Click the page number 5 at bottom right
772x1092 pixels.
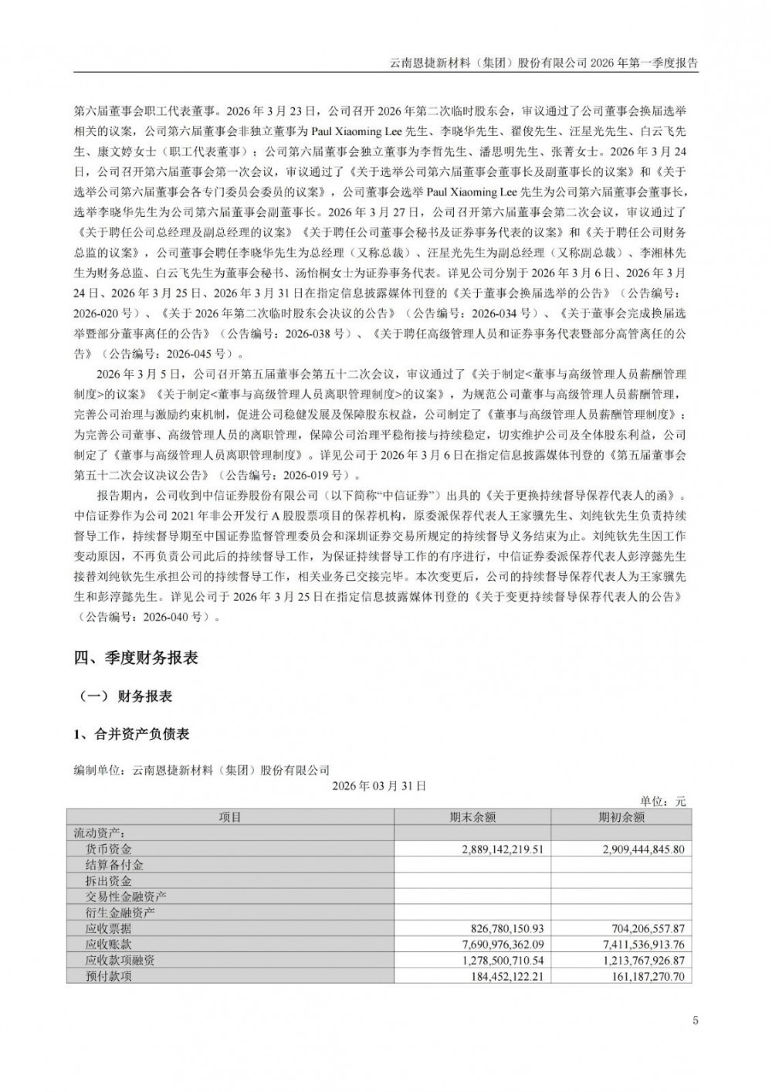pyautogui.click(x=696, y=1021)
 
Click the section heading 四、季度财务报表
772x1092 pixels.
pyautogui.click(x=136, y=658)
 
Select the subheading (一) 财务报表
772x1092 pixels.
pyautogui.click(x=126, y=697)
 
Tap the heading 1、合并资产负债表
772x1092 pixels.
pyautogui.click(x=131, y=734)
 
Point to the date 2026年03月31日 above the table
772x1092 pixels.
pyautogui.click(x=379, y=785)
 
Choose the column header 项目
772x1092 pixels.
pyautogui.click(x=230, y=817)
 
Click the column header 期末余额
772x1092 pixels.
pyautogui.click(x=472, y=817)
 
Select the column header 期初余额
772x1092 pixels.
pyautogui.click(x=621, y=817)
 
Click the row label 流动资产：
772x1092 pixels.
pyautogui.click(x=99, y=833)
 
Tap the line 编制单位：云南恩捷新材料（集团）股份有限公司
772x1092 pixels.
pyautogui.click(x=201, y=770)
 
